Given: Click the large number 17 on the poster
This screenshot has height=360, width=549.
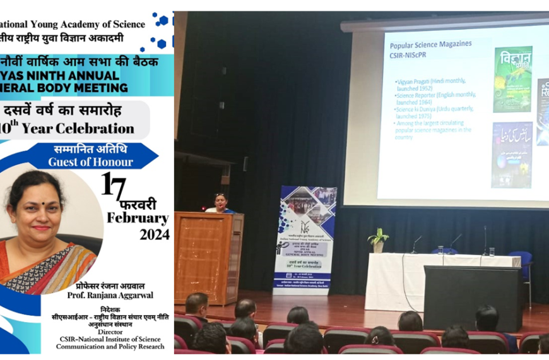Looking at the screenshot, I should [114, 186].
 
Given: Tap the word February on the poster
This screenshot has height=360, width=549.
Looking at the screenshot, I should [138, 219].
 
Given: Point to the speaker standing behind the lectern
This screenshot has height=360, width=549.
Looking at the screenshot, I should [220, 203].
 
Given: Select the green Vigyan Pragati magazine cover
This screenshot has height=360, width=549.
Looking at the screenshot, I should [512, 80].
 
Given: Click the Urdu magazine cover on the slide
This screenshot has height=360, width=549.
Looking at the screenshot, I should [512, 155].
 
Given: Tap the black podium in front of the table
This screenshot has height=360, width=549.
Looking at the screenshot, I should [472, 297].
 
